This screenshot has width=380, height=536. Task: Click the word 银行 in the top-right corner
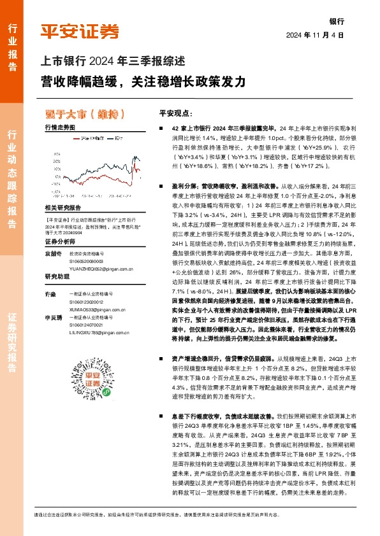point(336,21)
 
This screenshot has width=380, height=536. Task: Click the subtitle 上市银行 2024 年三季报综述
point(113,62)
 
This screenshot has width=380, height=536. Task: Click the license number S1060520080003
point(88,261)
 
